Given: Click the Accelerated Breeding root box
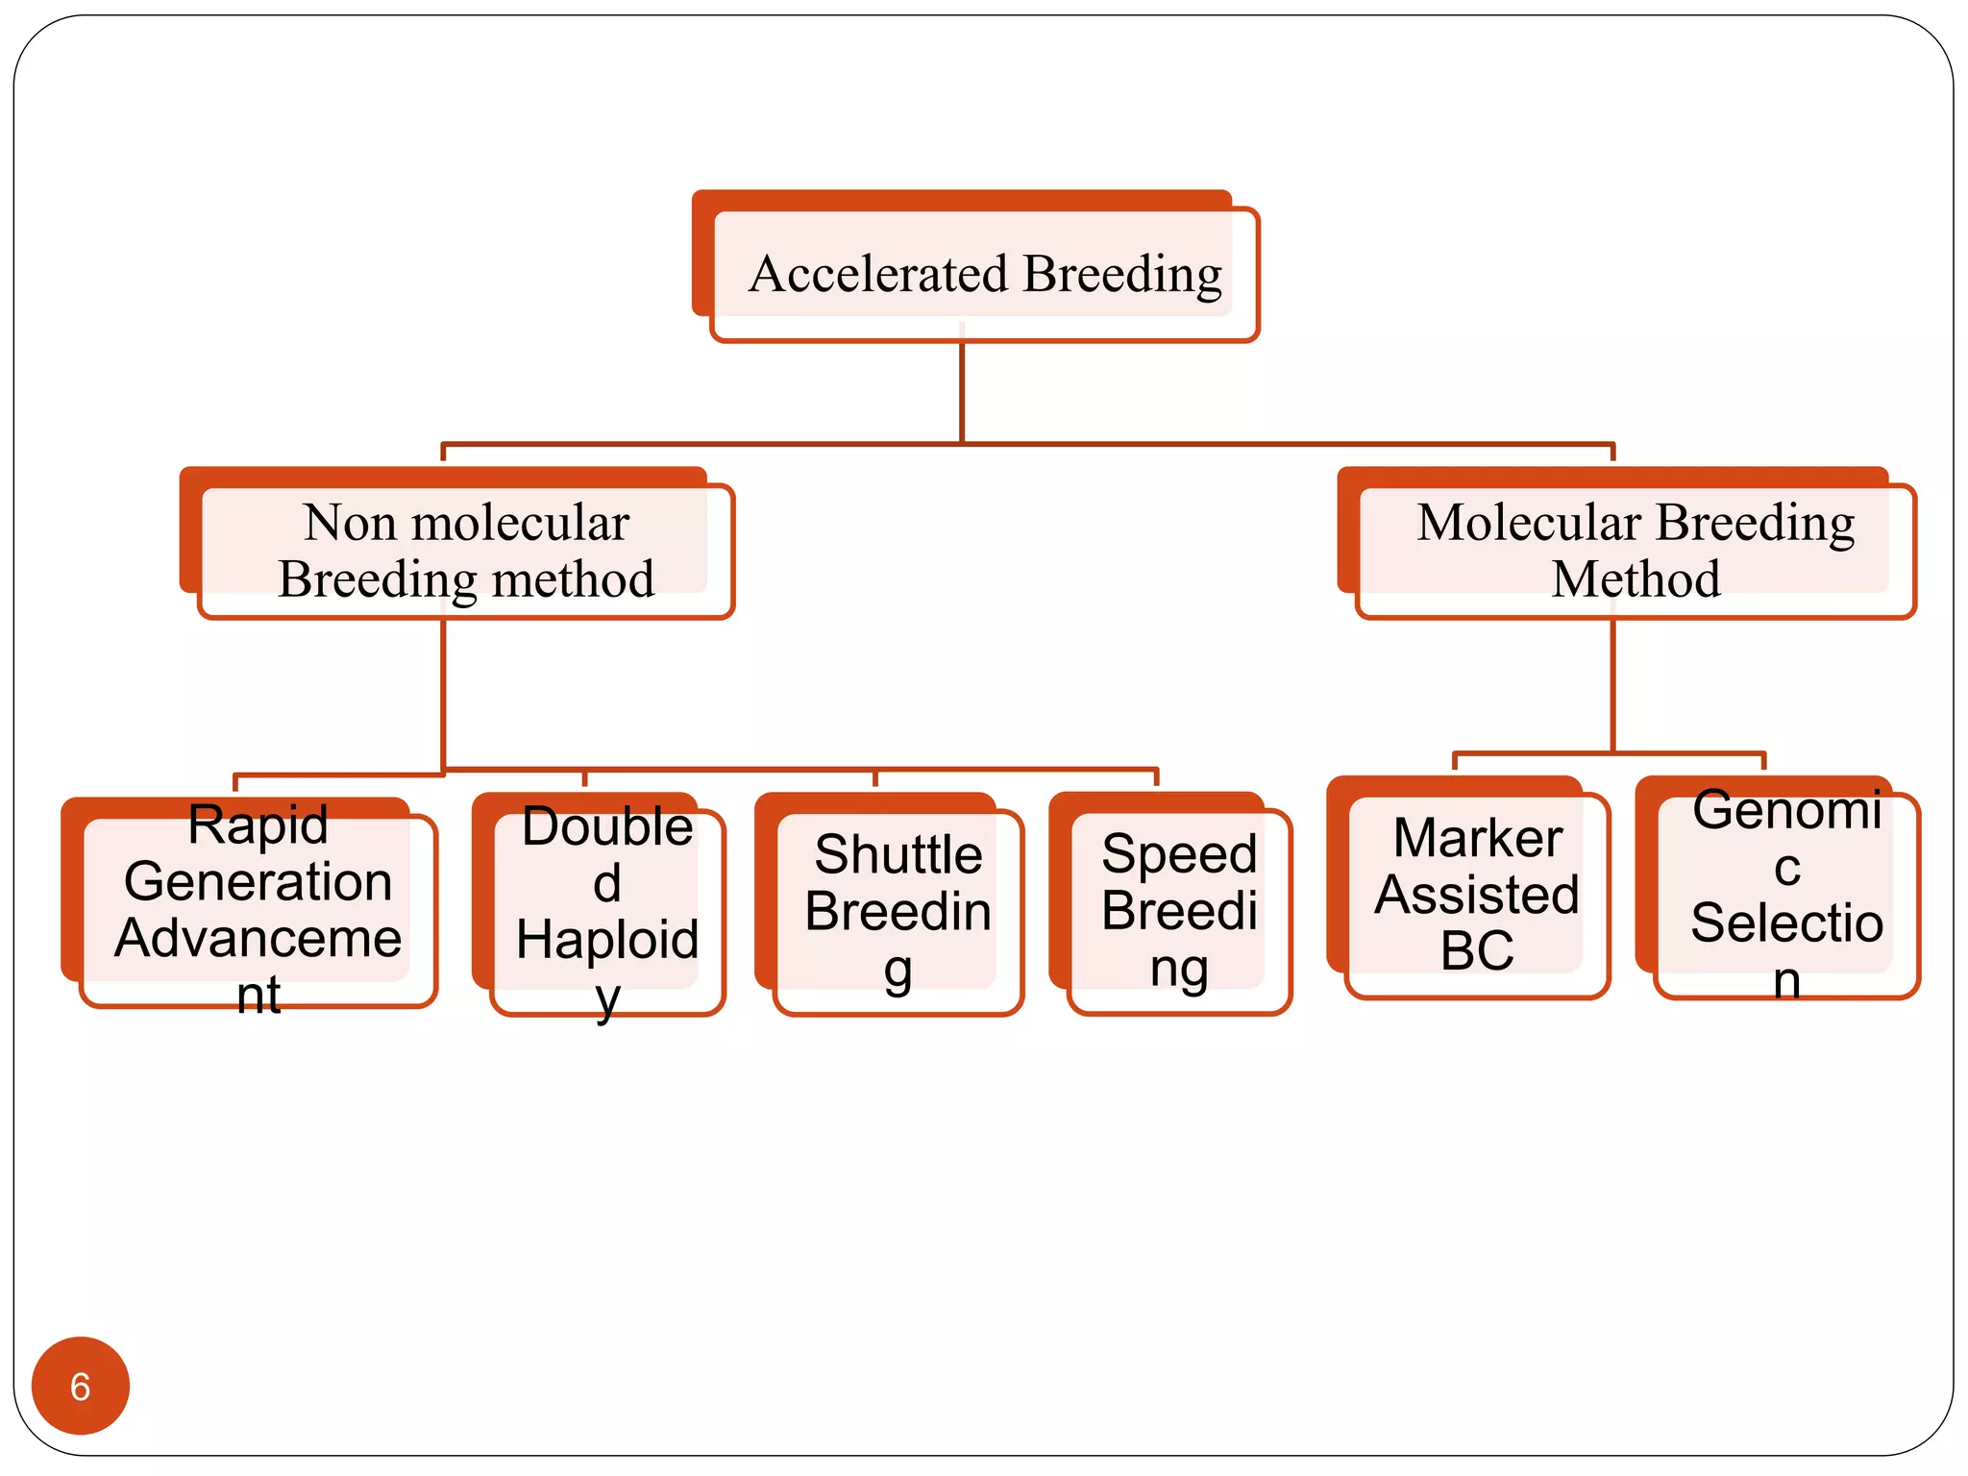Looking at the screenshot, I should [x=984, y=274].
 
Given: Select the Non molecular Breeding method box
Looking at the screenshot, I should [x=466, y=551].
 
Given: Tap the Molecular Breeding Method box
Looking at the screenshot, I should [x=1636, y=551].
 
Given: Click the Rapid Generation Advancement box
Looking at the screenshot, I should [x=258, y=908].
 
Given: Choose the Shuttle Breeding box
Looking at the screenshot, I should [x=898, y=911].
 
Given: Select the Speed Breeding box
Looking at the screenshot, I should [x=1179, y=911].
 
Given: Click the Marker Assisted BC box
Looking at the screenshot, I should [x=1477, y=894].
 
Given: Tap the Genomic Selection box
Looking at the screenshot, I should [x=1786, y=894].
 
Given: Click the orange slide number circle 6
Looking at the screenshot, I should [x=81, y=1386].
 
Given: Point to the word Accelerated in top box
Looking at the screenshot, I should [x=878, y=274].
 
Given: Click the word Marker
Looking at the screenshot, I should [x=1477, y=838].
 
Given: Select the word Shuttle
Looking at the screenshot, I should [x=898, y=854].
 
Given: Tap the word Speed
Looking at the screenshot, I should [x=1179, y=854].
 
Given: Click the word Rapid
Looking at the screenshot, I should [x=258, y=824].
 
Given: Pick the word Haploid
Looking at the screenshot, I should [x=607, y=939].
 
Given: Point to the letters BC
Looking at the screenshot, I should [x=1477, y=950].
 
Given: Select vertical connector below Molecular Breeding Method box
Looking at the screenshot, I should [x=1612, y=684].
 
